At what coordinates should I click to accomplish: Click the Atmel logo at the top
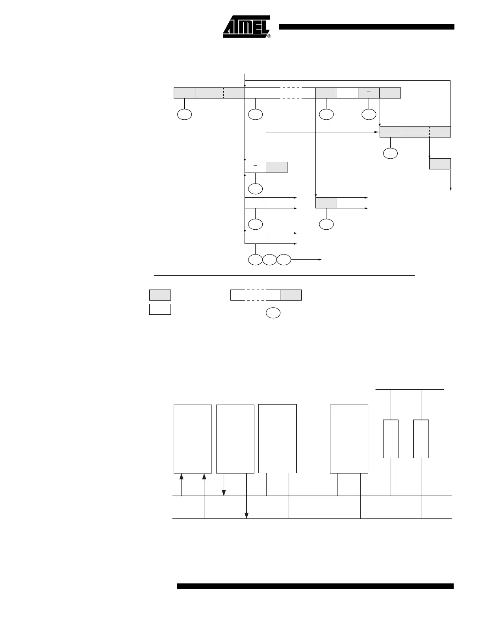(x=246, y=26)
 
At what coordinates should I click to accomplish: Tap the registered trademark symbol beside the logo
(x=269, y=36)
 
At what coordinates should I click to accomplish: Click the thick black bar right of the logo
(x=366, y=27)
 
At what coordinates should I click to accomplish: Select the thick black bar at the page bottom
(x=315, y=586)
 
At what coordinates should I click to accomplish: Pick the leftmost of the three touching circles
(x=255, y=260)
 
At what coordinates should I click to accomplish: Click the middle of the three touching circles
(x=269, y=260)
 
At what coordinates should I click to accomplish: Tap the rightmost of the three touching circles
(x=284, y=260)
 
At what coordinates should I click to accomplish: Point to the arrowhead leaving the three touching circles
(x=320, y=260)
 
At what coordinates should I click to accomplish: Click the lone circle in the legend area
(x=273, y=313)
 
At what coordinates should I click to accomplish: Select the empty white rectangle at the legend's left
(x=160, y=309)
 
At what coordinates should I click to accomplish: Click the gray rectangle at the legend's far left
(x=160, y=295)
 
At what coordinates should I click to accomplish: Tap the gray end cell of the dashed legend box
(x=291, y=295)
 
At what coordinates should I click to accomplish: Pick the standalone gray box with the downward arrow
(x=440, y=164)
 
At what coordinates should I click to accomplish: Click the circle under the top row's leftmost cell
(x=184, y=115)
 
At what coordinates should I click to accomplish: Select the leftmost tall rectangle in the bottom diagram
(x=193, y=438)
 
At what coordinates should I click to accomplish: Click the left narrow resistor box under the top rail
(x=391, y=439)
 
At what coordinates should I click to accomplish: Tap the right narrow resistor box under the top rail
(x=421, y=439)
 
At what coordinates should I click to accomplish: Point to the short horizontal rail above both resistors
(x=410, y=390)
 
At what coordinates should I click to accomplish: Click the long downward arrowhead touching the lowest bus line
(x=247, y=516)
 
